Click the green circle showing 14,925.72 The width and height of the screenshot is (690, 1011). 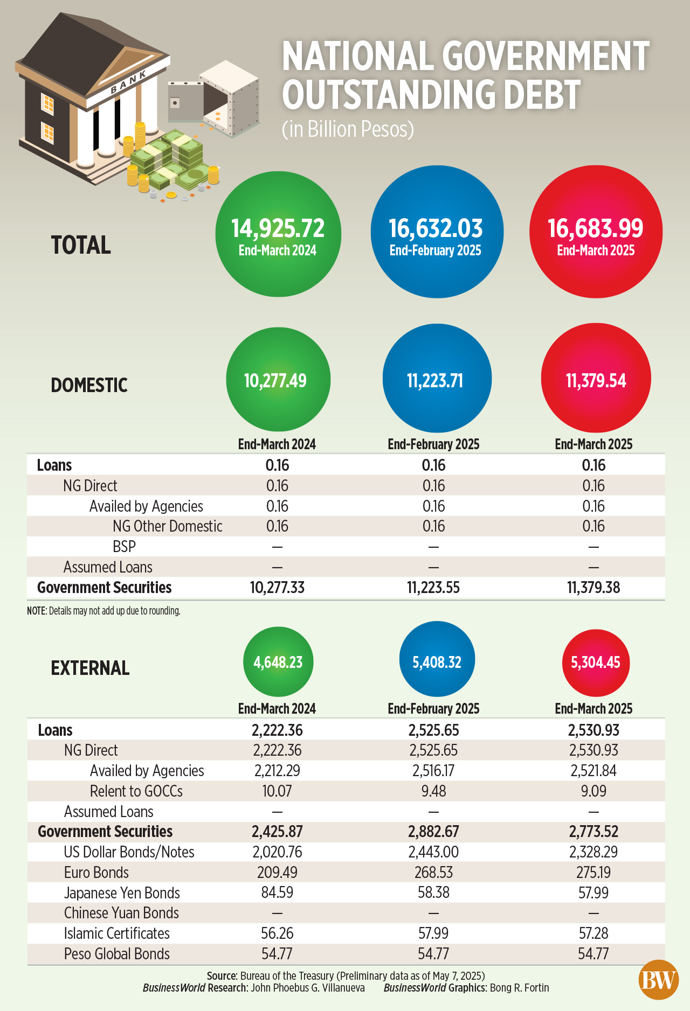278,234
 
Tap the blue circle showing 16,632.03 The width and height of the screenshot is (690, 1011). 437,232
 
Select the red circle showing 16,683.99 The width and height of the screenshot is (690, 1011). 596,232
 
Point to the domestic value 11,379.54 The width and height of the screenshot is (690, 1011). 596,381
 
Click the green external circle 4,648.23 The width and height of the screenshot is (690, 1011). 278,662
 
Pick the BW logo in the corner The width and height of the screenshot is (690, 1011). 658,980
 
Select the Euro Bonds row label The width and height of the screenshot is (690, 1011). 96,873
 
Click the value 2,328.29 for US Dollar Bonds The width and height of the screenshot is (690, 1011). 594,852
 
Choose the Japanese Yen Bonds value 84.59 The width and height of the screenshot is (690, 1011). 277,893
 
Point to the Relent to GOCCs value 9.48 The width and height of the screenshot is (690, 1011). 433,791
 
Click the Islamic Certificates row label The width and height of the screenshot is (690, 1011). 116,933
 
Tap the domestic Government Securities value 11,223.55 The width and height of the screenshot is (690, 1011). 433,588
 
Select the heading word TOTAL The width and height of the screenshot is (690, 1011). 81,245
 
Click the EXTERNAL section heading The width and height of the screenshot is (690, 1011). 90,668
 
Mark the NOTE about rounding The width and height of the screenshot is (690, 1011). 103,611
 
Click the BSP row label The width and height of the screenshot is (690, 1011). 124,547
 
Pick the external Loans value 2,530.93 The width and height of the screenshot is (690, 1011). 594,730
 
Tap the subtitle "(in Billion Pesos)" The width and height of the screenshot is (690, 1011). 348,129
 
